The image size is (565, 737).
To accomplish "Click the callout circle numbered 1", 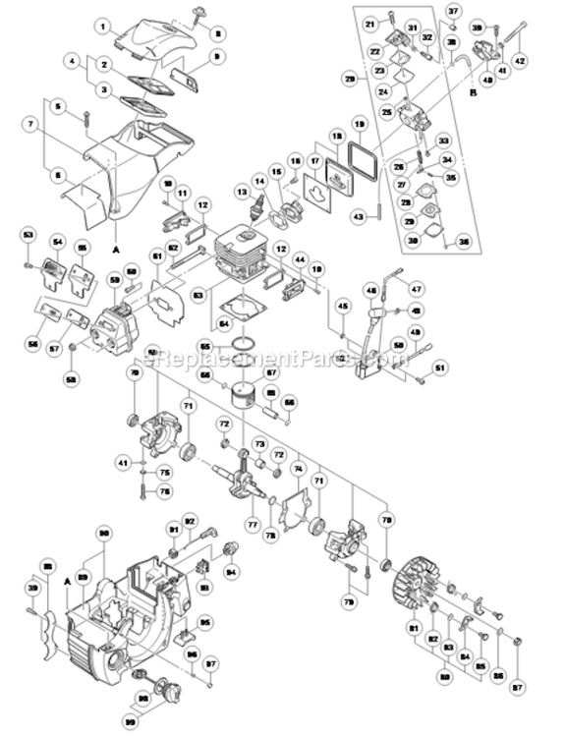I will tap(104, 25).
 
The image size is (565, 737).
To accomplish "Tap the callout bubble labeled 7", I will tap(32, 125).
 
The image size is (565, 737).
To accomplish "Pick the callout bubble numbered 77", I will tap(253, 524).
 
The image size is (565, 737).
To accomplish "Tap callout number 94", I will tap(232, 571).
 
